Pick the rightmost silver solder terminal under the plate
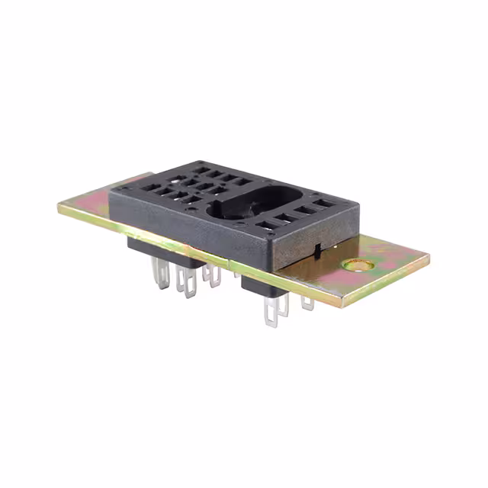point(307,303)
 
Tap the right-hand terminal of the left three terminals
point(211,276)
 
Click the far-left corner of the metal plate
point(58,207)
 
